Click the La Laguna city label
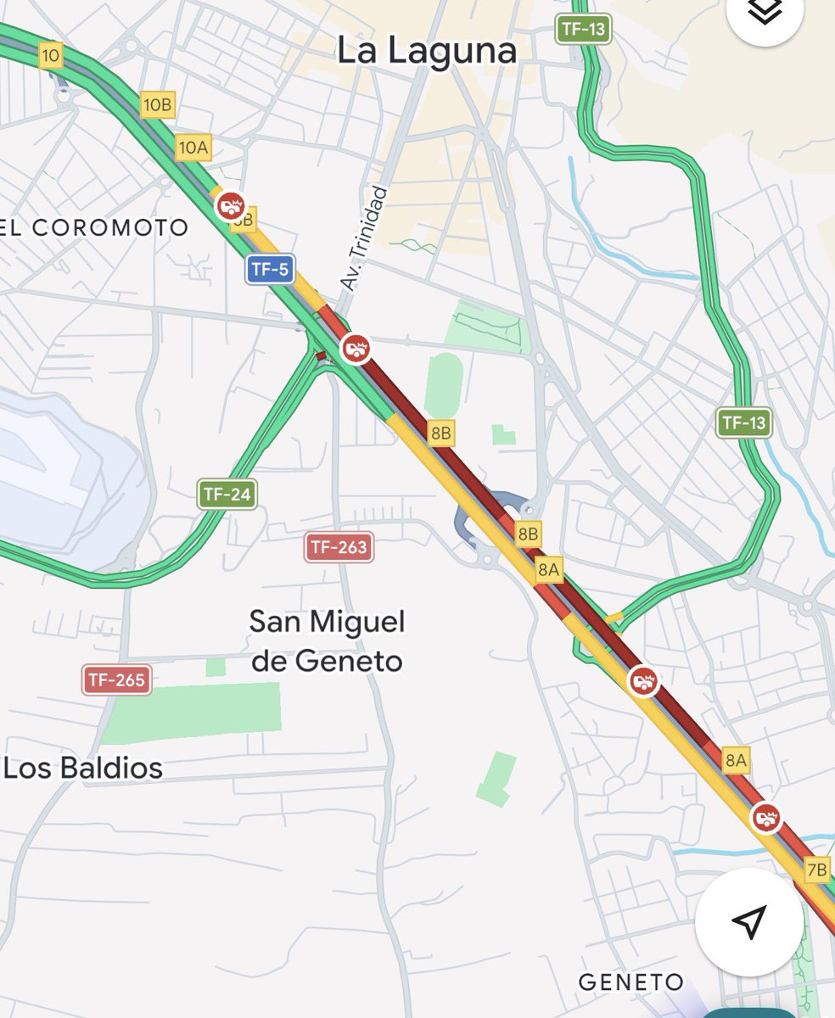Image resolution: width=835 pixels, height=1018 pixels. pyautogui.click(x=426, y=51)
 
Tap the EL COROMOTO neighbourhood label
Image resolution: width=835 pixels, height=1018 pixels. pyautogui.click(x=94, y=227)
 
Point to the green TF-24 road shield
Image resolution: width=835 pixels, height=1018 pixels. pyautogui.click(x=227, y=495)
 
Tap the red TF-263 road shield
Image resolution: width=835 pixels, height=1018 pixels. pyautogui.click(x=339, y=547)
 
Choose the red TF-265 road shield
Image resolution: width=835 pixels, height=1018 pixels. pyautogui.click(x=117, y=680)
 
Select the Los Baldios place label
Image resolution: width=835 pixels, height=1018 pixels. pyautogui.click(x=83, y=769)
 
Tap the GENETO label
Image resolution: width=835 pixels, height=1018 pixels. pyautogui.click(x=630, y=982)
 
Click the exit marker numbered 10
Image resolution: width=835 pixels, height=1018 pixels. pyautogui.click(x=50, y=56)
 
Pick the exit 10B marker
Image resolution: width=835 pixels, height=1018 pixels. pyautogui.click(x=157, y=105)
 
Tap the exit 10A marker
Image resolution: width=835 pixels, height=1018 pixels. pyautogui.click(x=193, y=148)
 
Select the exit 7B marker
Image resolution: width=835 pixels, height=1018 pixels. pyautogui.click(x=816, y=870)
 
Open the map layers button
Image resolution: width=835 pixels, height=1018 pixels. pyautogui.click(x=765, y=13)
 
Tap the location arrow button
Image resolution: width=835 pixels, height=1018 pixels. pyautogui.click(x=748, y=921)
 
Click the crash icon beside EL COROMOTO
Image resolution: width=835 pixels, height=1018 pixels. pyautogui.click(x=230, y=205)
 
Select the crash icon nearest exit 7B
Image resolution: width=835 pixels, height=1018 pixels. pyautogui.click(x=766, y=818)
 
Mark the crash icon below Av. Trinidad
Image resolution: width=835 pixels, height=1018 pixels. pyautogui.click(x=356, y=348)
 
